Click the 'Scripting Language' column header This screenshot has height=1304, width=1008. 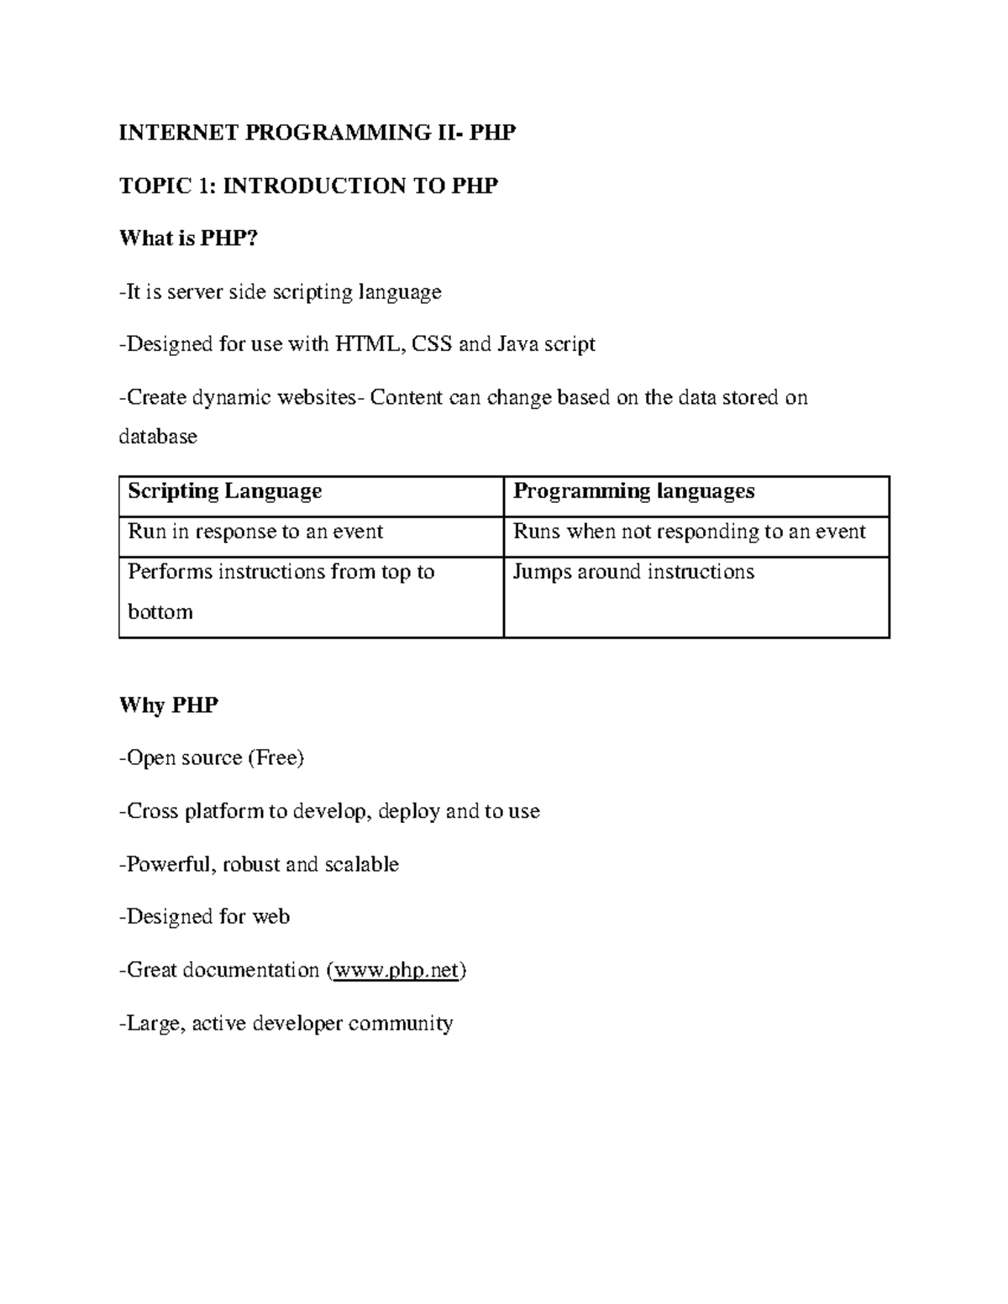[224, 491]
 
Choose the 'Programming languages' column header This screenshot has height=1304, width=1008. [633, 491]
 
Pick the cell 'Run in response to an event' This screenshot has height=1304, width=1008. [255, 532]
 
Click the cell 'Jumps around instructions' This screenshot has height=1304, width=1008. [633, 572]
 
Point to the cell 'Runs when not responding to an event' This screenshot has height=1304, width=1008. [689, 532]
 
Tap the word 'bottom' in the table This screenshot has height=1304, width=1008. [160, 612]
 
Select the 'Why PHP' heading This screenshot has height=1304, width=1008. [169, 705]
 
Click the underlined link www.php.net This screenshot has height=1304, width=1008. [396, 971]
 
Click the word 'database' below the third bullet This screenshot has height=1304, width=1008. [158, 437]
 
